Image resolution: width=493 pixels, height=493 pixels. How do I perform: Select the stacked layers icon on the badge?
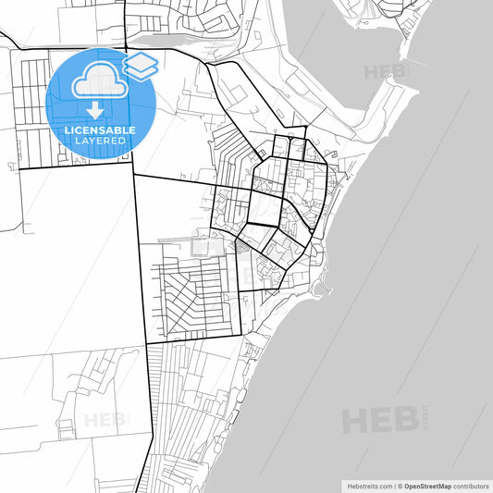[142, 64]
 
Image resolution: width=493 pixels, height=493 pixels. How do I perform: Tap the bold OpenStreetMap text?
[426, 485]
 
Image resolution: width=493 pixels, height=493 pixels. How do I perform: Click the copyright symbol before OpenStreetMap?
[399, 485]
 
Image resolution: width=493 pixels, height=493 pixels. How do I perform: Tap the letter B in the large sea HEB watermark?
[404, 421]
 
